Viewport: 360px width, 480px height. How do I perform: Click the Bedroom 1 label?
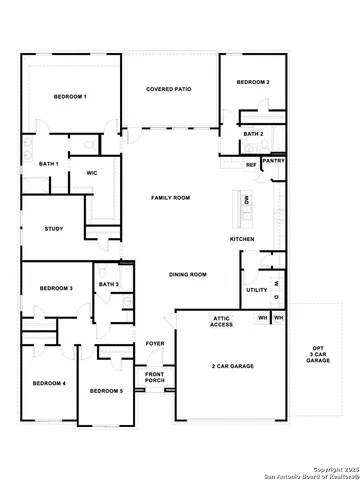tap(70, 96)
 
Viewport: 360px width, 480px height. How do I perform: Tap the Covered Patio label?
tap(168, 89)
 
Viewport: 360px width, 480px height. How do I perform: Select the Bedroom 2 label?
tap(254, 81)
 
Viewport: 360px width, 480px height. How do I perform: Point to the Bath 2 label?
tap(253, 134)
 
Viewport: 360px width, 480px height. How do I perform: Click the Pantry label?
tap(273, 159)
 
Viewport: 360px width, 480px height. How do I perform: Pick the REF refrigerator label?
tap(251, 164)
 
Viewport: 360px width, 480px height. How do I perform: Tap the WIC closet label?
tap(91, 173)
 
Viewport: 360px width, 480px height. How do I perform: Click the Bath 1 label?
tap(49, 163)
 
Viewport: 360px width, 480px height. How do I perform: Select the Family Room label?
tap(170, 198)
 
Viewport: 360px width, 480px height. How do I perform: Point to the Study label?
tap(54, 229)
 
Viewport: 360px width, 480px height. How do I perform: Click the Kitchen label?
tap(243, 239)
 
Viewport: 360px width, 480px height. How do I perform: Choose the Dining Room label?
tap(187, 274)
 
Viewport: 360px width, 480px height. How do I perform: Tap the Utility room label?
tap(256, 290)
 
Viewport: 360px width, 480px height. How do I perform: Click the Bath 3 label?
tap(109, 285)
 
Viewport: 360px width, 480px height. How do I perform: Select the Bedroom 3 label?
tap(56, 288)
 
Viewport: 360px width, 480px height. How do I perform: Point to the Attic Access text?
tap(222, 321)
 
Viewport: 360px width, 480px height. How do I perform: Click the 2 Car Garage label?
tap(232, 367)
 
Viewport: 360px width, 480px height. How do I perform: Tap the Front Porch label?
tap(155, 377)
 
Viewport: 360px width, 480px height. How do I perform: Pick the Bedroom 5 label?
tap(106, 391)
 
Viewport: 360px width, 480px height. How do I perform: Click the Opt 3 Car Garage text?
tap(318, 353)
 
